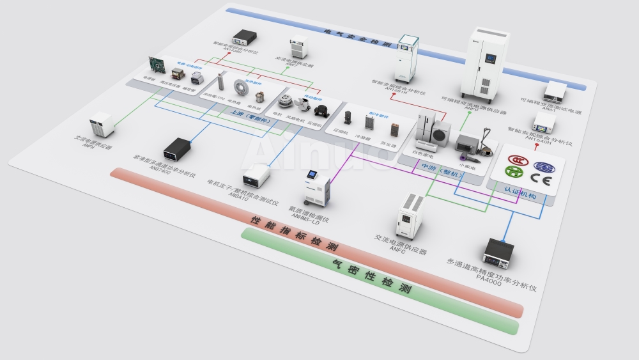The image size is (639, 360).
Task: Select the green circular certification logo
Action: click(x=514, y=171)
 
